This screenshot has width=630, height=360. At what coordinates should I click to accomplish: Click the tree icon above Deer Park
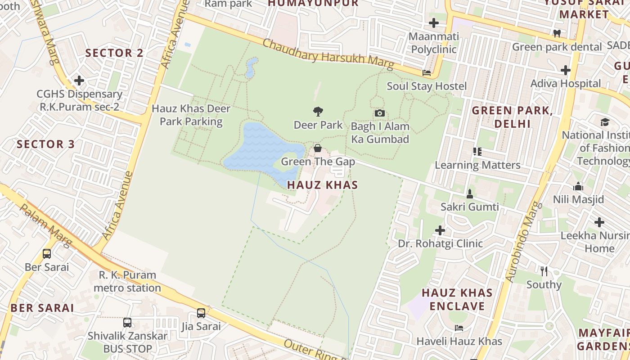pos(318,111)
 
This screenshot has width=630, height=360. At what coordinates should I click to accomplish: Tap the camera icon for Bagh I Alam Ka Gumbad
pos(380,113)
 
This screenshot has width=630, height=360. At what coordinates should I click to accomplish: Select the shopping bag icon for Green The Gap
pos(318,148)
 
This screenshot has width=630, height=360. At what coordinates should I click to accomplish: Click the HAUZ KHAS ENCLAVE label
pos(457,300)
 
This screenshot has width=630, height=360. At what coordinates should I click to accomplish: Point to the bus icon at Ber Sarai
pos(47,254)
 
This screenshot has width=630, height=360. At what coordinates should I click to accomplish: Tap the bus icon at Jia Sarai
pos(201,313)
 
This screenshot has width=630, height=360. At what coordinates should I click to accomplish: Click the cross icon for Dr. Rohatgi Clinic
pos(440,230)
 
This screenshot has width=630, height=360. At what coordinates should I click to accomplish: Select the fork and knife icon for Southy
pos(544,271)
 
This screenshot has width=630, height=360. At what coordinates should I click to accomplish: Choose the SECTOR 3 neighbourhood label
pos(46,144)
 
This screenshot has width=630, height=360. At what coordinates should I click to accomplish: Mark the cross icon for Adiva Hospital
pos(566,70)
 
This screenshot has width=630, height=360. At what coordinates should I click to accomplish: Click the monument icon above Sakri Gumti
pos(470,194)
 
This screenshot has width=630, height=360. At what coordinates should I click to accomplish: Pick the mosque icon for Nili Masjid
pos(578,186)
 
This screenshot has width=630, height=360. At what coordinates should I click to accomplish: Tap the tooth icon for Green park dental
pos(557,33)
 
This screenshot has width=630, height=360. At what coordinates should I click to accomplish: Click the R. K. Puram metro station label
pos(127,281)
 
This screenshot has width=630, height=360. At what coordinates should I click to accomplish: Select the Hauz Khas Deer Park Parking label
pos(191,115)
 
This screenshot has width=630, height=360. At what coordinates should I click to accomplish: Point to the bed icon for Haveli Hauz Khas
pos(459,328)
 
